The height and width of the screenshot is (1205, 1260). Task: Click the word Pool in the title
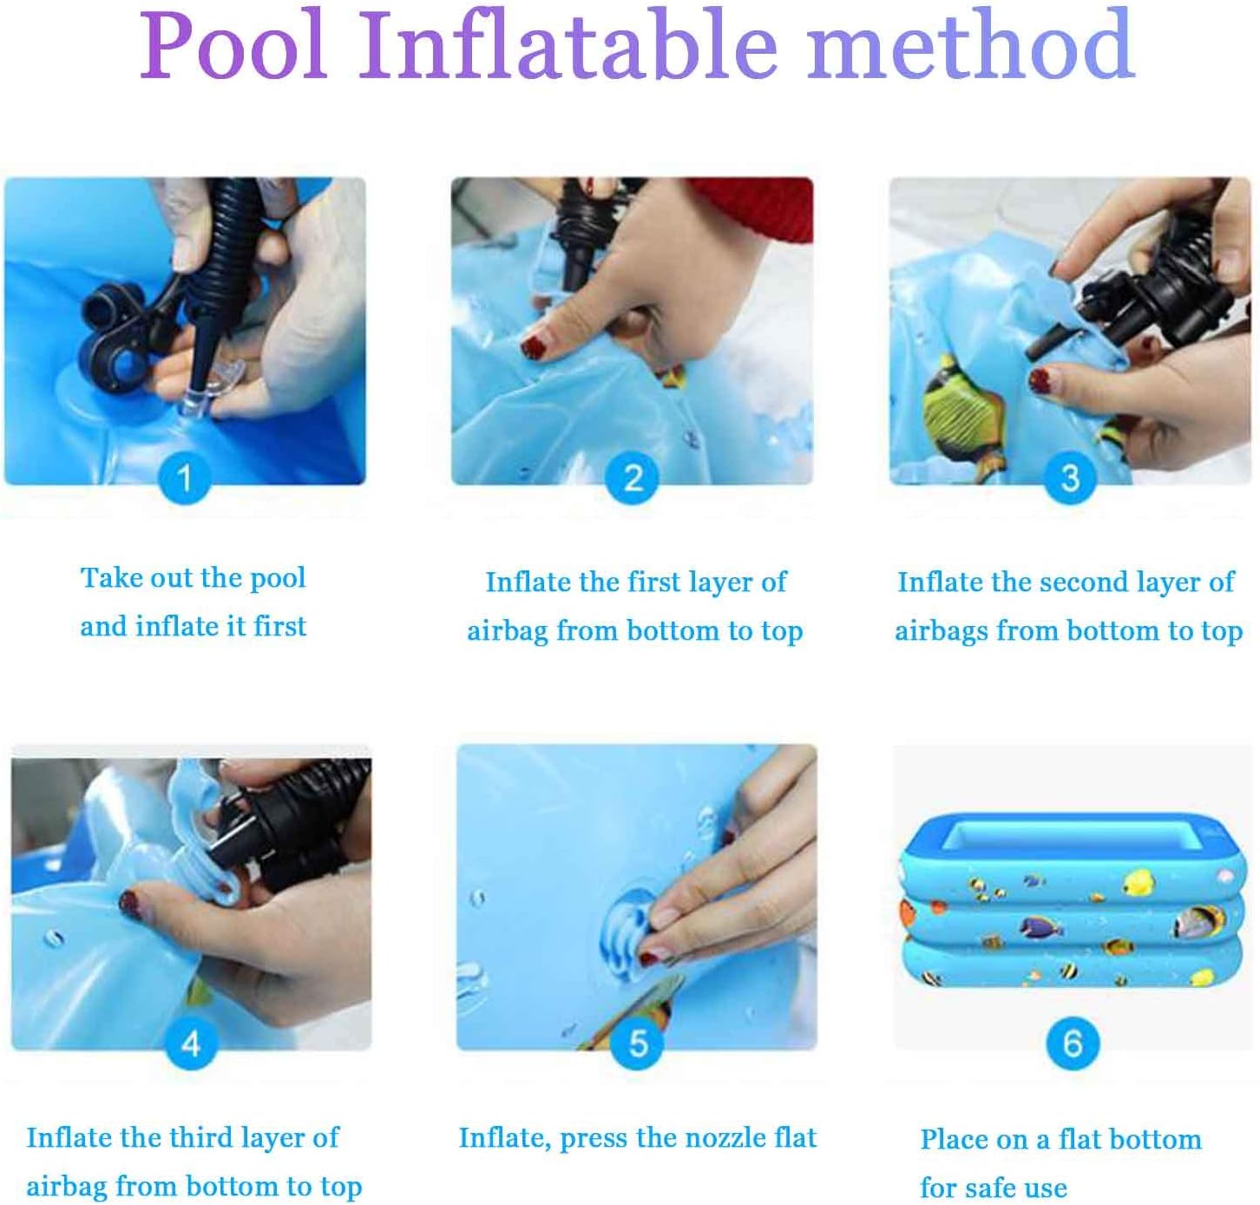pos(233,45)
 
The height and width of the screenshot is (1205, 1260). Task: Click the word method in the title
pos(970,44)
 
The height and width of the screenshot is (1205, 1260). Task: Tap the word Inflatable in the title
pos(568,44)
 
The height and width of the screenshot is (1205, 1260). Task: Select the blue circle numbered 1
pos(185,478)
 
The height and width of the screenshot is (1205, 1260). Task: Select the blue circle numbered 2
pos(633,478)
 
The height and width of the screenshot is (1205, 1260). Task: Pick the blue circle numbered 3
pos(1070,478)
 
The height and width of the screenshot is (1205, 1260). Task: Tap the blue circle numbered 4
pos(191,1044)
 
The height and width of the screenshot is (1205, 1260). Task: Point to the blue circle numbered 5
pos(639,1044)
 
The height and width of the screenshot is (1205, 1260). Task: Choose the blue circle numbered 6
pos(1073,1044)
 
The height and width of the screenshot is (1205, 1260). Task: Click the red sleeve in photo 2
pos(755,208)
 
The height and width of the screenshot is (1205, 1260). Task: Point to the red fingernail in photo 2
pos(535,347)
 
